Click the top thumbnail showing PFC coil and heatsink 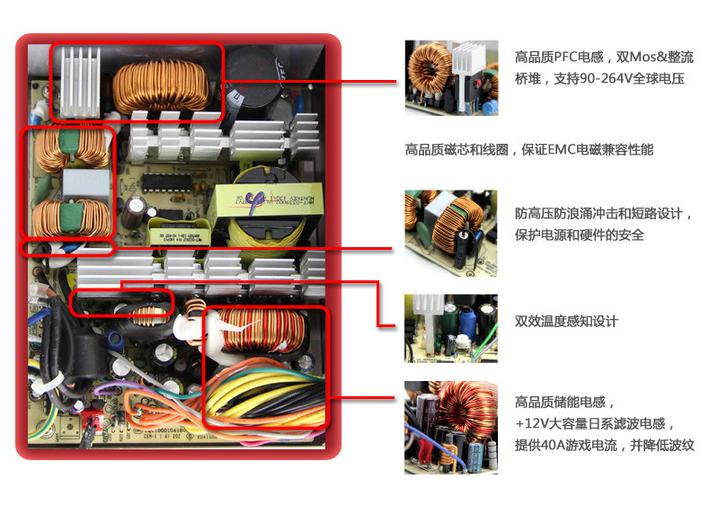(450, 76)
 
